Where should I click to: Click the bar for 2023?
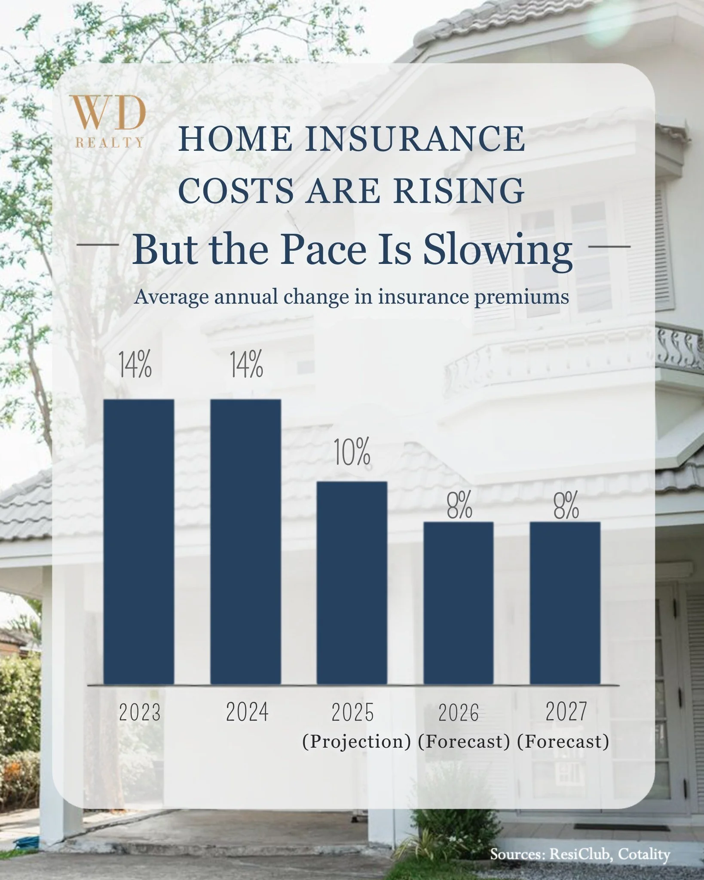coord(139,541)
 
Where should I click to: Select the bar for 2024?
coord(245,541)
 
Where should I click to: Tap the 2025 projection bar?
coord(352,582)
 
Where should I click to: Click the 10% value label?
coord(352,453)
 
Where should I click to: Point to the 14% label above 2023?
coord(135,365)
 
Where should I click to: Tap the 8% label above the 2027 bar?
coord(566,506)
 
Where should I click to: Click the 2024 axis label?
coord(247,712)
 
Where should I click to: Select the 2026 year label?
coord(459,713)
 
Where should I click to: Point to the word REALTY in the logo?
coord(109,143)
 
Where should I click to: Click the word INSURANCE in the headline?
coord(415,139)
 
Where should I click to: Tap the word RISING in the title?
coord(459,190)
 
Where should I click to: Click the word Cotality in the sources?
coord(644,855)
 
